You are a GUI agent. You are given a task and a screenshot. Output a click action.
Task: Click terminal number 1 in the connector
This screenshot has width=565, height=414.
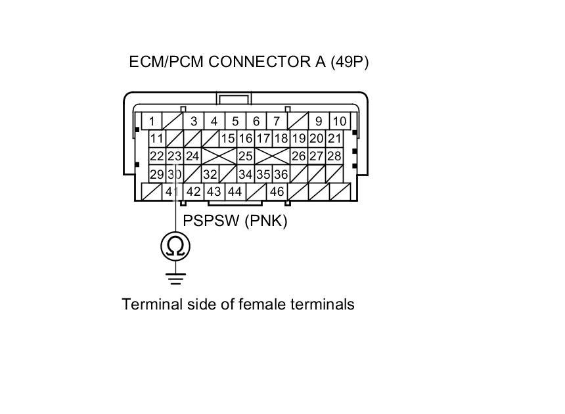[152, 121]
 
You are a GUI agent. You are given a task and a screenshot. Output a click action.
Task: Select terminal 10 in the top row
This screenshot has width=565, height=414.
[339, 121]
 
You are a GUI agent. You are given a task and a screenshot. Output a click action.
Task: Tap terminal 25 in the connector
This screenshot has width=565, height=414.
[245, 156]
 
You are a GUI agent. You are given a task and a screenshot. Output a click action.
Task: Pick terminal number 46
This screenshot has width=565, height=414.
[277, 192]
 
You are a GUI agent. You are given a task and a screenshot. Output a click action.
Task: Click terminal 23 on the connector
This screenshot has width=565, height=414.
[174, 156]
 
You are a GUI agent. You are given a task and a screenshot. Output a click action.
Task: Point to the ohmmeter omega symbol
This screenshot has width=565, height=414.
[175, 246]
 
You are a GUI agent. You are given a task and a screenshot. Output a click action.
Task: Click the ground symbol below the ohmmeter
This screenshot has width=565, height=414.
[175, 277]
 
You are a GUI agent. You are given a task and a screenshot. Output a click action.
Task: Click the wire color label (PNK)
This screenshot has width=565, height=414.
[266, 221]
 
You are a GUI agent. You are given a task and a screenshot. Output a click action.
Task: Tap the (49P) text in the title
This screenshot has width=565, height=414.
[353, 62]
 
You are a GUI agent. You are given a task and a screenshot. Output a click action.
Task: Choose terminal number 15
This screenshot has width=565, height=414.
[227, 139]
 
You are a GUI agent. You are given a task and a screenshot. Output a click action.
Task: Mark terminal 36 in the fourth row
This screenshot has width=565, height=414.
[281, 174]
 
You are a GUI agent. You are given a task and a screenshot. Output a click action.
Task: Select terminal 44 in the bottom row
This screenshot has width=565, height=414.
[235, 192]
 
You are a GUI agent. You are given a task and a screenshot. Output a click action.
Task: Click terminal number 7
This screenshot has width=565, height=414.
[277, 121]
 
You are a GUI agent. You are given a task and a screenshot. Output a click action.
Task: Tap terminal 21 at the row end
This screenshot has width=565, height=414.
[334, 139]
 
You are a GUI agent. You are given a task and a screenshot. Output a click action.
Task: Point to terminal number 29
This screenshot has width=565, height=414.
[156, 174]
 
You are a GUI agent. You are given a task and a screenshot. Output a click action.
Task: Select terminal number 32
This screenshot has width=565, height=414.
[210, 174]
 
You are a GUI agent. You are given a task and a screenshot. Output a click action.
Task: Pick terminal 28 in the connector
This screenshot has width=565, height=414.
[334, 156]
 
